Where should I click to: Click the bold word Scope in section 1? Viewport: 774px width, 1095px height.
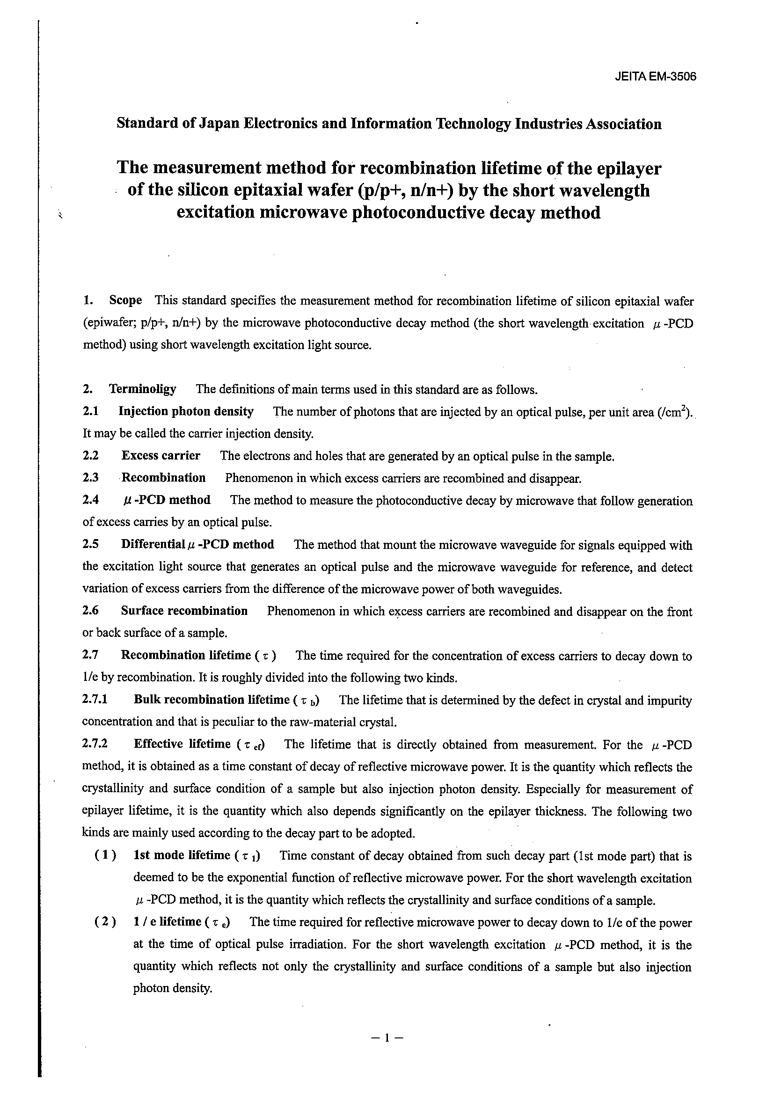coord(125,300)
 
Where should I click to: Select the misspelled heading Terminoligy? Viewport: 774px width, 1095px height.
coord(143,389)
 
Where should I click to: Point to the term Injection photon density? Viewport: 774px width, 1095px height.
coord(186,411)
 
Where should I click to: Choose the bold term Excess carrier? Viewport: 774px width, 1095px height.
coord(161,455)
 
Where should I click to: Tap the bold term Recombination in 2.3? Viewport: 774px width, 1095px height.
coord(164,478)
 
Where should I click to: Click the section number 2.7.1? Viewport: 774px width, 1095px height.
coord(95,700)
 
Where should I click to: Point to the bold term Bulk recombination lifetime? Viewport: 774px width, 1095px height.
coord(212,700)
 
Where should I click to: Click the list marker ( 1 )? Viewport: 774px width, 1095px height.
coord(105,855)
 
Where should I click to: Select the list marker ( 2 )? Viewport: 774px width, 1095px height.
coord(105,922)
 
